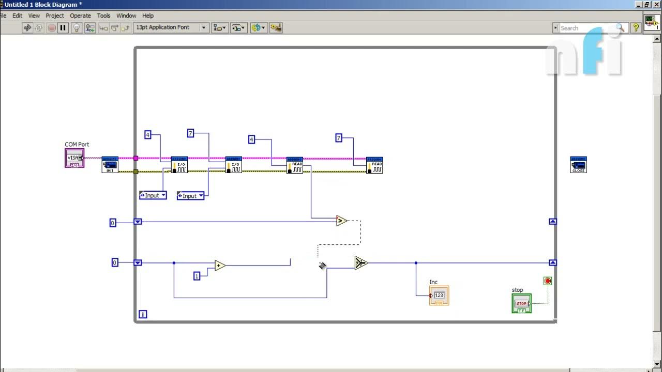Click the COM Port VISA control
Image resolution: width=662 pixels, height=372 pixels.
[74, 158]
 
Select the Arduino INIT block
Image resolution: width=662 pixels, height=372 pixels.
[110, 165]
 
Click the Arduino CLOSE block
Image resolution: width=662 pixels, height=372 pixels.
[578, 165]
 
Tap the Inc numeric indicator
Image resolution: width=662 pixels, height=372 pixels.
[439, 296]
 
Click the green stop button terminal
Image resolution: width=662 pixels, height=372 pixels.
[521, 303]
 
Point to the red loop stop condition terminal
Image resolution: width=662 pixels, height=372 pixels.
[548, 281]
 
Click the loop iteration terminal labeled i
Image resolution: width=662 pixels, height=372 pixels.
[143, 314]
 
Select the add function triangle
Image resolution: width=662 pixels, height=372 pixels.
[220, 266]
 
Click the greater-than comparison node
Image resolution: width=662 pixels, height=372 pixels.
[341, 221]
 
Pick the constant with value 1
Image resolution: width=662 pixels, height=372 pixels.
[197, 276]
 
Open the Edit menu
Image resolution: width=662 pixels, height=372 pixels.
[17, 16]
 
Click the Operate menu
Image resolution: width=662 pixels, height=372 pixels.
[80, 16]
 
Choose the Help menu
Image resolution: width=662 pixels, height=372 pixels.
[148, 16]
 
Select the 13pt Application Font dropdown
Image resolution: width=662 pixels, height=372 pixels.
[170, 27]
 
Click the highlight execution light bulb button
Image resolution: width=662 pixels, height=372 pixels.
[77, 28]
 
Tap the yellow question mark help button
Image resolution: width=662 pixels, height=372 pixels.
[636, 28]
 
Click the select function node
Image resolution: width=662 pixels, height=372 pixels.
[361, 263]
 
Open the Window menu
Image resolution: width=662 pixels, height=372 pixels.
[126, 16]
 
